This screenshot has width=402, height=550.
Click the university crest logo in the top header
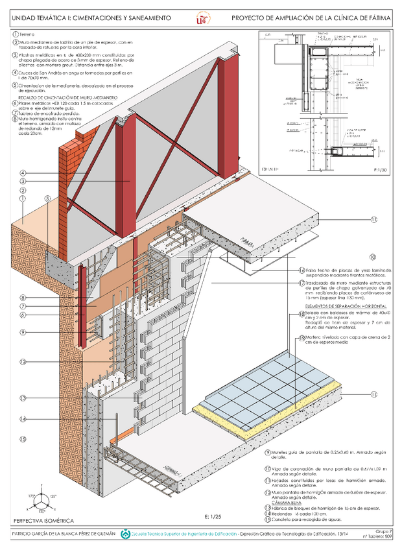click(x=200, y=19)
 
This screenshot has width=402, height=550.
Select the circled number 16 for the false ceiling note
click(x=301, y=270)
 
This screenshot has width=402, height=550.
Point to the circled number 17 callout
click(x=301, y=283)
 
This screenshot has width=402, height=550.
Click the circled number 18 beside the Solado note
click(x=301, y=313)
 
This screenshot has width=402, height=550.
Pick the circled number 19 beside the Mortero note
click(x=301, y=337)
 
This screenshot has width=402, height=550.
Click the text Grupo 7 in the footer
click(x=384, y=530)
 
